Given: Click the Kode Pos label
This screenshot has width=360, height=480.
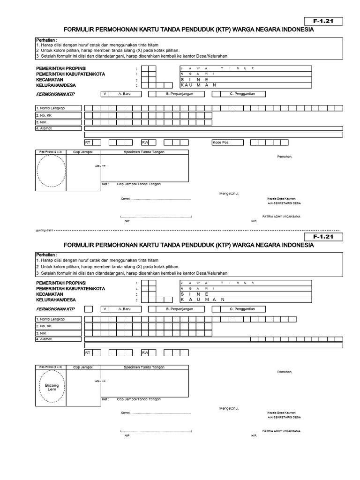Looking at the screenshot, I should click(221, 142).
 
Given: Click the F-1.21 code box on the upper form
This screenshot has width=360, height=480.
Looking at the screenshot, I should click(322, 21).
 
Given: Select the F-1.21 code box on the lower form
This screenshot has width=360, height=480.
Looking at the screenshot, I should click(322, 237).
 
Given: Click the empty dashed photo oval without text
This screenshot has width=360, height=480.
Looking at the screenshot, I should click(52, 172).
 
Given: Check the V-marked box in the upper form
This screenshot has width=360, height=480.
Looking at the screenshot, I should click(105, 94).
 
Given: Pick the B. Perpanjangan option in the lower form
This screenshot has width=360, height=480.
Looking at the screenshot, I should click(180, 309).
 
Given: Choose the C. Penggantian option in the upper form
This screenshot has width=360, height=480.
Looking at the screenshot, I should click(242, 94).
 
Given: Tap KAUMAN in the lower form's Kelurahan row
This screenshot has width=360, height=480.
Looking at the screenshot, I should click(203, 300).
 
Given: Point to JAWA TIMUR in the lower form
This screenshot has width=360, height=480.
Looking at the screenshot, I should click(217, 283).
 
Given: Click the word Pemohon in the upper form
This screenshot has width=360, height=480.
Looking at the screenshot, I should click(285, 157).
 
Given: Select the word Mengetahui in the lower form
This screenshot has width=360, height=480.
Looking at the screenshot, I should click(229, 408).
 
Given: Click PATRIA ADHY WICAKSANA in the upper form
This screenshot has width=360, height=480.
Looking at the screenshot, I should click(281, 216).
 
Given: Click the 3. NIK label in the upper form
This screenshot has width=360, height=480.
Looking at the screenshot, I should click(42, 122).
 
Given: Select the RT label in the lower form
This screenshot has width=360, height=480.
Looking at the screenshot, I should click(88, 352).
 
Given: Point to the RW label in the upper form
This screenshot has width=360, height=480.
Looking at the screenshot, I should click(145, 142).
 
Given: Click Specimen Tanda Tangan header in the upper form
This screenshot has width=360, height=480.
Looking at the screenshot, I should click(144, 152).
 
